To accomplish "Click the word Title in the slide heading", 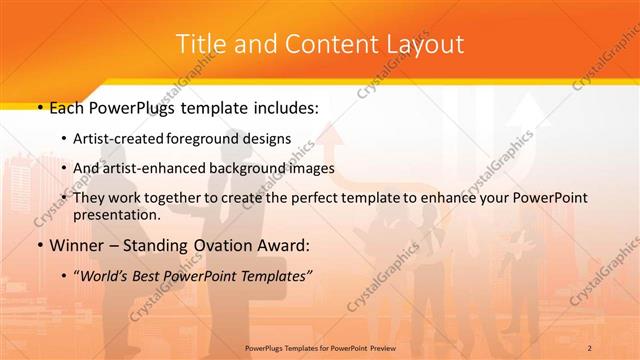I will [x=199, y=44].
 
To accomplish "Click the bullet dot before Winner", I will [x=38, y=244].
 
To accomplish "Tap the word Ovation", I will [x=214, y=244].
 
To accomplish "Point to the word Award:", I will [x=281, y=244].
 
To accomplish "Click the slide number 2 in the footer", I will [x=591, y=347].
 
